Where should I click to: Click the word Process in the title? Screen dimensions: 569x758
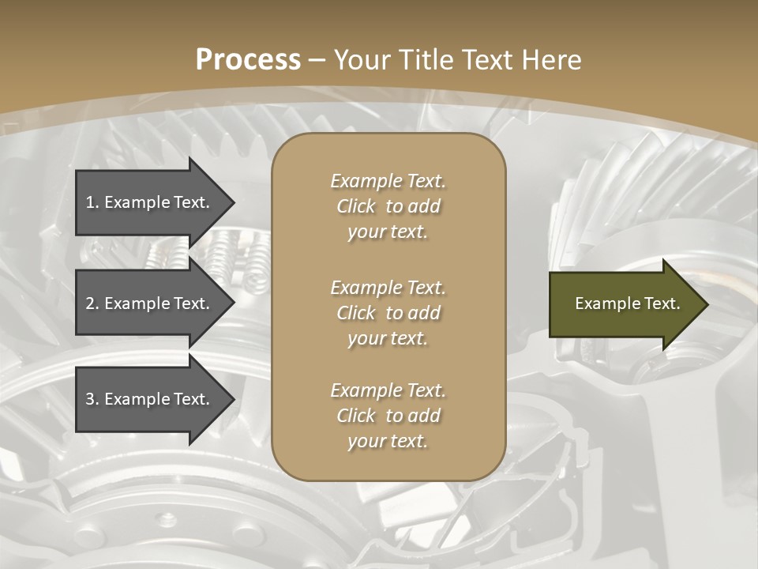[248, 60]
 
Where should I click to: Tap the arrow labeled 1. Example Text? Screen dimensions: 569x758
[150, 202]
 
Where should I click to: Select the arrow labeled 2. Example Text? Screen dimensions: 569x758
[150, 303]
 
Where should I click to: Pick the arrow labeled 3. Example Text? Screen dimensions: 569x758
[150, 399]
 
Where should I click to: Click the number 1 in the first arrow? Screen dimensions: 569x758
[90, 202]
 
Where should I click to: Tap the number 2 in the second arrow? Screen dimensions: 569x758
[90, 303]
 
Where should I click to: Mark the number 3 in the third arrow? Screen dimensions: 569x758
[90, 399]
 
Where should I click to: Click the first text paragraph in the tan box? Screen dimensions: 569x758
[388, 206]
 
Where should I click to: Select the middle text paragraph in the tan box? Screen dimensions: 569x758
[388, 313]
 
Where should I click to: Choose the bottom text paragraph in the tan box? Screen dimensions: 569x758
[388, 416]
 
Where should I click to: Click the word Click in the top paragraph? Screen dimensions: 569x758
[356, 206]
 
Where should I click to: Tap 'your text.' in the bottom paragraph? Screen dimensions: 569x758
[388, 441]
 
